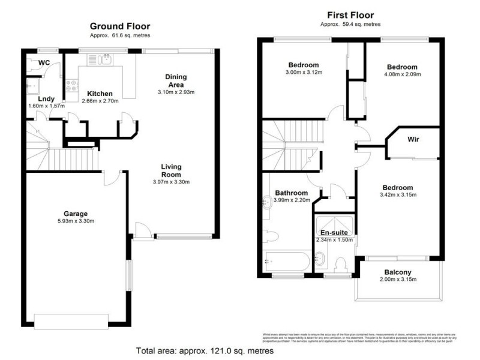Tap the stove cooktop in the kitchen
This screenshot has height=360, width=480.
point(71,86)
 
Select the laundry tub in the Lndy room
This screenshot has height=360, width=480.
point(32,85)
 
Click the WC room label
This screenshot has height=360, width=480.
point(43,62)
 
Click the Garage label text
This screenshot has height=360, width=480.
point(76,214)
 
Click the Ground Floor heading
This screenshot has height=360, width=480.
point(120,26)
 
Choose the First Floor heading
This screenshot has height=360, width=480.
point(351,15)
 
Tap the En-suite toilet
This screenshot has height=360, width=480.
point(343,263)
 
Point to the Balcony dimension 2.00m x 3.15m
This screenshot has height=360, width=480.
point(398,280)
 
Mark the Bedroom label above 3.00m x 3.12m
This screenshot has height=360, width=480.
point(303,65)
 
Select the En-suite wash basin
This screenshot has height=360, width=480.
point(320,259)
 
